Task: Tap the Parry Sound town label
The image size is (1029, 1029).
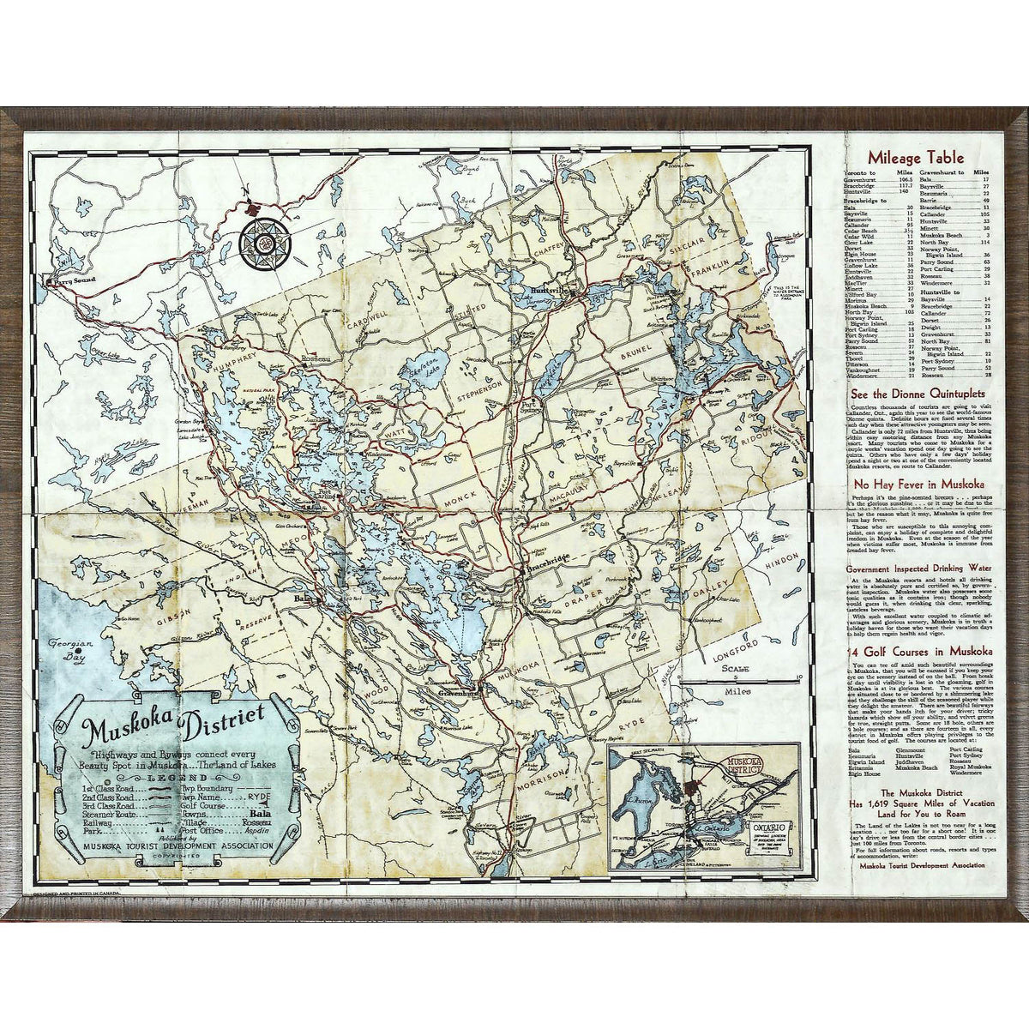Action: pyautogui.click(x=71, y=280)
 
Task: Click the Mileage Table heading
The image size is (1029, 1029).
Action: pyautogui.click(x=915, y=158)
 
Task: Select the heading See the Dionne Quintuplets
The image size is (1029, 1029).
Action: pyautogui.click(x=915, y=395)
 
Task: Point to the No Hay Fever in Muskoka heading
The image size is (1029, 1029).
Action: pyautogui.click(x=915, y=484)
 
